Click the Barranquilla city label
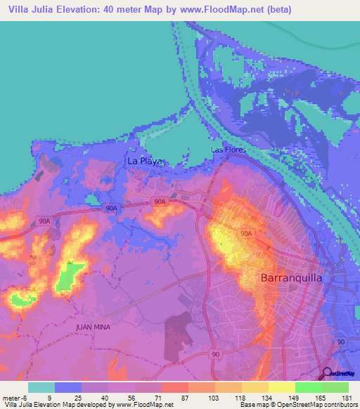(x=291, y=278)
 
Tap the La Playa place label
(x=144, y=161)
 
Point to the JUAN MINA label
(x=94, y=327)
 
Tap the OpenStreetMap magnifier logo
(x=328, y=373)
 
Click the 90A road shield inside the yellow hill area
(x=246, y=233)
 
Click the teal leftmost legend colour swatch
(x=41, y=387)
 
